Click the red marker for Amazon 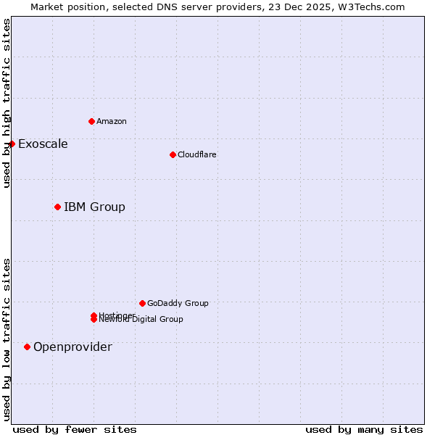click(91, 121)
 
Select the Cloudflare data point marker click(173, 154)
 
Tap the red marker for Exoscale click(12, 144)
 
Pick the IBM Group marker click(57, 207)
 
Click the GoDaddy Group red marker click(142, 303)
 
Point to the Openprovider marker click(27, 347)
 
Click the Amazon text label click(111, 121)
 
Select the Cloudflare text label click(196, 154)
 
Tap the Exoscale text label click(43, 144)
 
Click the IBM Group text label click(94, 207)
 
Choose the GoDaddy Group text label click(178, 303)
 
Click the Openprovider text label click(72, 347)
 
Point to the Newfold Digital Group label click(141, 320)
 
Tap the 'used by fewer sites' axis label click(75, 429)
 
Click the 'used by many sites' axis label click(364, 429)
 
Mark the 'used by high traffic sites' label click(7, 103)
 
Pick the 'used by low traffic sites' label click(7, 339)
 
